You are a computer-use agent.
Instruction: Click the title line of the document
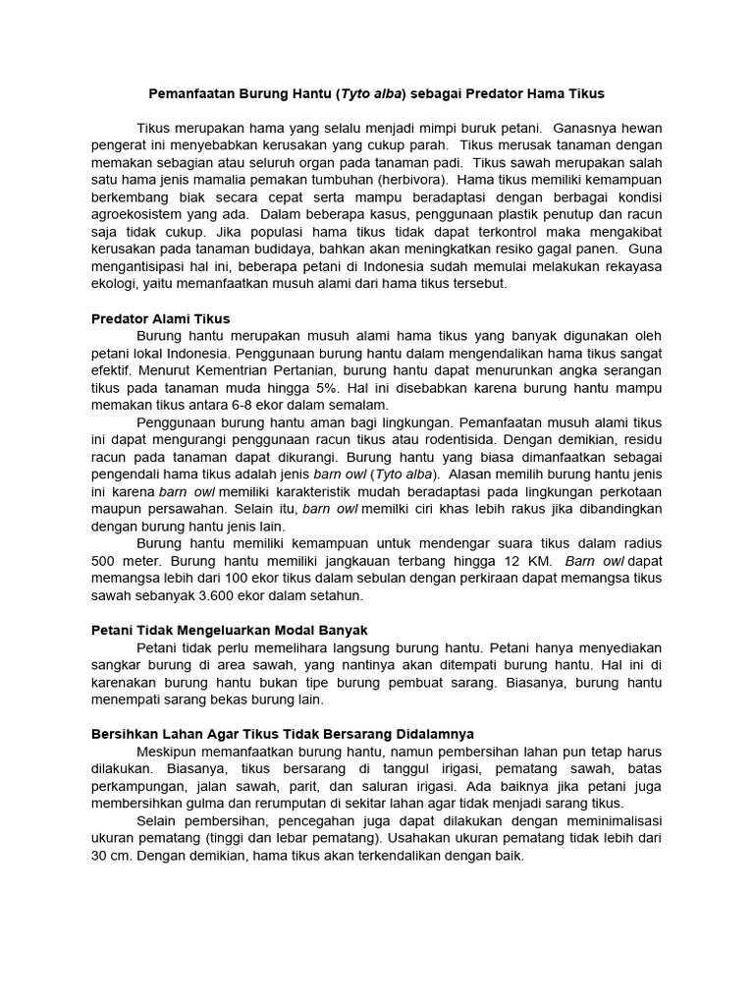coord(376,94)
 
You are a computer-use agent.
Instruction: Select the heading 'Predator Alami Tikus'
coord(160,318)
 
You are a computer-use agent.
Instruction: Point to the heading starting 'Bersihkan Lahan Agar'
coord(283,734)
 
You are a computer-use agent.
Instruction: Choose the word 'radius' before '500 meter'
coord(642,543)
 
